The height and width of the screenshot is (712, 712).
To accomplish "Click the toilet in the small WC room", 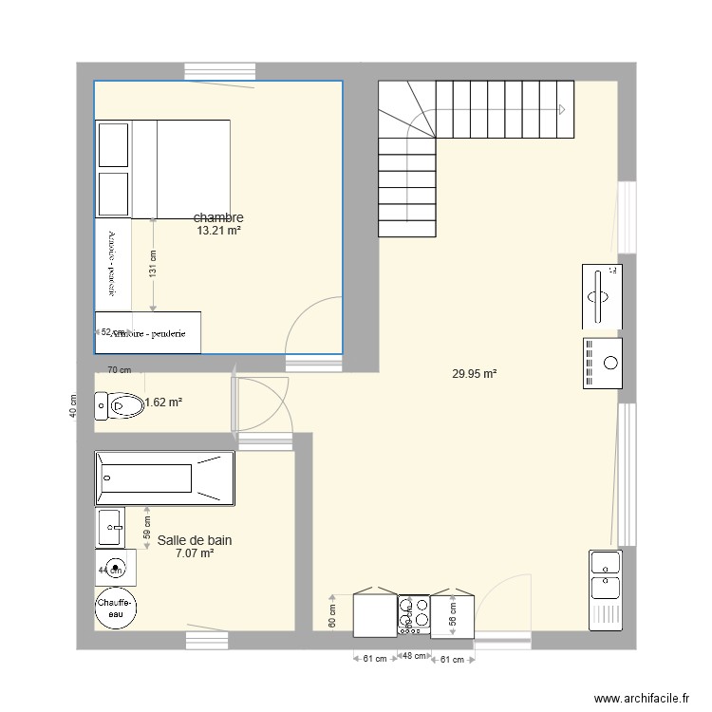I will (120, 406).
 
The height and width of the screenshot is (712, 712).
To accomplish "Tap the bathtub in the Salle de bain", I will (164, 478).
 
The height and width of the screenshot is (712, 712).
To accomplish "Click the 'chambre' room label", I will (218, 217).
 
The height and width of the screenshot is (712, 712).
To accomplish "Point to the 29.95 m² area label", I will (475, 374).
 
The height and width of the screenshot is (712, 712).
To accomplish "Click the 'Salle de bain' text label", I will (195, 540).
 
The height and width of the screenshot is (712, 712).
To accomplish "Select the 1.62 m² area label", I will (163, 403).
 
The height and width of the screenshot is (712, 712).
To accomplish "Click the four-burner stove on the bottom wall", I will (413, 614).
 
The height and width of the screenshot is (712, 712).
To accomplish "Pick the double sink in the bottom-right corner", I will (604, 589).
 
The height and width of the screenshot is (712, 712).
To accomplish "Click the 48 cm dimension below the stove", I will (413, 656).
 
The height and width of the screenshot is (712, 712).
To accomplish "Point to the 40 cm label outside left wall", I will (73, 406).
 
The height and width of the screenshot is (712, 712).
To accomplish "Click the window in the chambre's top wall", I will (220, 71).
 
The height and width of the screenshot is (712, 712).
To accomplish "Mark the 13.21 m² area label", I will (218, 231).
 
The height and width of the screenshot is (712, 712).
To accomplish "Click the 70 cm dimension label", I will (118, 370).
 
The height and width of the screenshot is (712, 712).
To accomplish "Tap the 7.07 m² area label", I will (195, 553).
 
